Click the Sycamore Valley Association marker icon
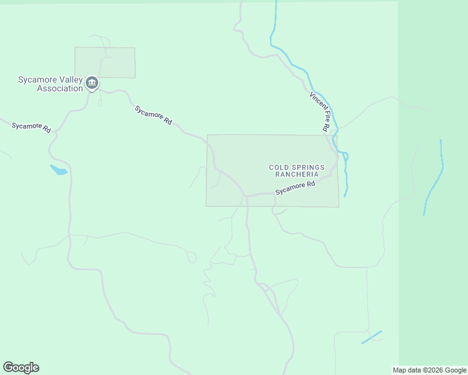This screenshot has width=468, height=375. tap(92, 82)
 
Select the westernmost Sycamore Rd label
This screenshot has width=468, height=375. tap(31, 127)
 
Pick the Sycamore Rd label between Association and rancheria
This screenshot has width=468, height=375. tap(153, 115)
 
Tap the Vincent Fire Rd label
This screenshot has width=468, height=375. tap(319, 111)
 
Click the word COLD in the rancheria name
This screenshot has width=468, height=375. tap(278, 167)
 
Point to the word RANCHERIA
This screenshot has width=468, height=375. tap(297, 174)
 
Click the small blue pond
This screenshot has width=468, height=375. tap(58, 170)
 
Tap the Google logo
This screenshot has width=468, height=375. tap(21, 367)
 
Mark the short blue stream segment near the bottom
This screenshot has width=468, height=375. tap(372, 337)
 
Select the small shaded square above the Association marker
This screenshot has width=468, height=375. tap(104, 62)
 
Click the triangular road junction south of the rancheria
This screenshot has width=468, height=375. tap(270, 292)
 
